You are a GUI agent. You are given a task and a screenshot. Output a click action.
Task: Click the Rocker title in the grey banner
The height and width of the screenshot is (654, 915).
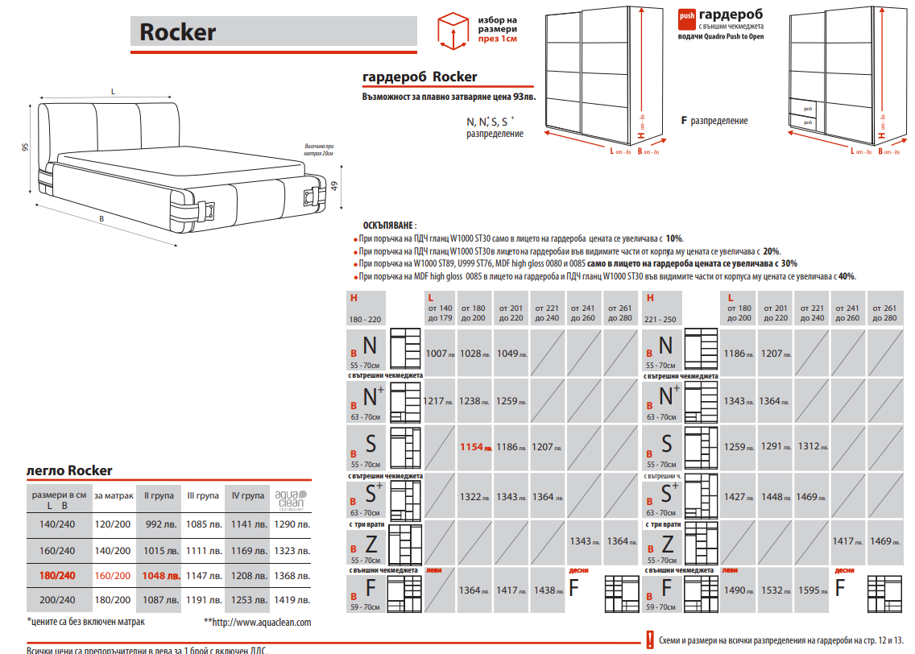point(178,31)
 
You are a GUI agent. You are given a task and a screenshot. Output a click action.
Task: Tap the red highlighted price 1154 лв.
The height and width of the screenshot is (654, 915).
point(475,447)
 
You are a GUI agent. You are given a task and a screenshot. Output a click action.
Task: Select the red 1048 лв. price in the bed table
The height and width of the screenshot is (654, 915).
point(159,576)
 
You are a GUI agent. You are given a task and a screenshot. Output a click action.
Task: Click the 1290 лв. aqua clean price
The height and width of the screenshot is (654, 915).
point(292,524)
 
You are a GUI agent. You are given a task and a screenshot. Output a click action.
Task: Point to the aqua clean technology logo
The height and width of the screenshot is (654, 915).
point(292,499)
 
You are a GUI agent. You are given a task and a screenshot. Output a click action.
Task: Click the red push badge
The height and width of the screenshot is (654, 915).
point(686,15)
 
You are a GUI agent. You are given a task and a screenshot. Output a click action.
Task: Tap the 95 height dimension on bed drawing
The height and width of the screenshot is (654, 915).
point(25,147)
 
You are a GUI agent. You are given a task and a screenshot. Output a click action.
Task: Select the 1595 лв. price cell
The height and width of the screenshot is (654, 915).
point(812,590)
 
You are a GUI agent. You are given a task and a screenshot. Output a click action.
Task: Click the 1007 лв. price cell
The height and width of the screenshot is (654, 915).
point(440,354)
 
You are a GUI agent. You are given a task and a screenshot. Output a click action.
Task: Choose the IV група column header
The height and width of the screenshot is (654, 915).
point(248,496)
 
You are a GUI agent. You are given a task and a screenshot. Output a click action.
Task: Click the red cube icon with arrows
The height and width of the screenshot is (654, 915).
point(452,30)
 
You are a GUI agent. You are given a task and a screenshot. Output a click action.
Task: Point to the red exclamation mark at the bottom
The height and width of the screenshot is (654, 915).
point(648,640)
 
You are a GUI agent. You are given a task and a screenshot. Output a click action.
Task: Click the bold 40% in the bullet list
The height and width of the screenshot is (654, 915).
point(846,276)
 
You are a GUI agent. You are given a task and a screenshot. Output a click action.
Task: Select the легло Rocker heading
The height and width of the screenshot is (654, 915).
point(69,470)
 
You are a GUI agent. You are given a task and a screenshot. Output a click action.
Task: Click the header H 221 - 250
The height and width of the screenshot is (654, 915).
point(661,308)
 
